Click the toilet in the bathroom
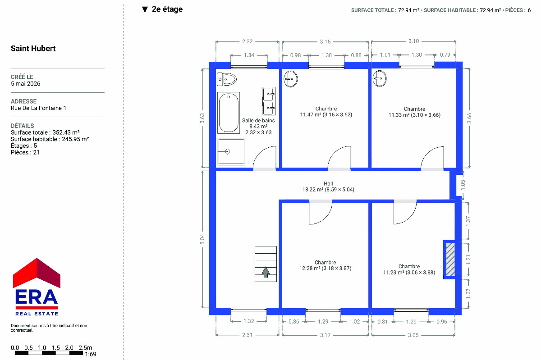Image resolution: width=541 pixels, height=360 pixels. (226, 79)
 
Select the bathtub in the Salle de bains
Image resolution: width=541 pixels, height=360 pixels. (229, 113)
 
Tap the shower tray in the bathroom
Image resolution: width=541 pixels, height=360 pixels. (231, 152)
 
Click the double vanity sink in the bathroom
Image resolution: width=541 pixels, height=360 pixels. (269, 101)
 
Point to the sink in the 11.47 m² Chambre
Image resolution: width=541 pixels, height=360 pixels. (290, 79)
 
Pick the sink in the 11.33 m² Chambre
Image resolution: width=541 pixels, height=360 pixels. (380, 78)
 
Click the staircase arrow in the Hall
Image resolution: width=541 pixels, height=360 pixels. (266, 272)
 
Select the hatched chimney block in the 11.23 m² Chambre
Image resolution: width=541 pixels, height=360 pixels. (450, 260)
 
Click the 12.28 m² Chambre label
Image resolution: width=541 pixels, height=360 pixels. (326, 265)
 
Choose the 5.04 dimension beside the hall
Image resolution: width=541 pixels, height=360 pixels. (202, 239)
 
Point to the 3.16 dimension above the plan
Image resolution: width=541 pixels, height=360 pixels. (325, 41)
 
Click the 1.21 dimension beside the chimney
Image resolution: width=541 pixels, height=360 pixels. (468, 260)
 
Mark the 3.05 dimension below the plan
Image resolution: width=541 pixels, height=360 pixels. (413, 335)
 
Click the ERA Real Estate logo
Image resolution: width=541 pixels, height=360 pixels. (37, 287)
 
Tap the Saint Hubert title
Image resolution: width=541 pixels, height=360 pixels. (33, 48)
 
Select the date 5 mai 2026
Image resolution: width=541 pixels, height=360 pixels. (25, 83)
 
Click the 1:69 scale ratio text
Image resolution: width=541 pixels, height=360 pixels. (91, 354)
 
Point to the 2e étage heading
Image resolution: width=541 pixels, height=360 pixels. (167, 9)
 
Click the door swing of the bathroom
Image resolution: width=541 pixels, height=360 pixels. (262, 155)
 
